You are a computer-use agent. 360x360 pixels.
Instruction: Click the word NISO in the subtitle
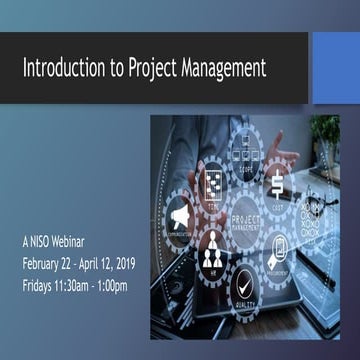[x=51, y=243]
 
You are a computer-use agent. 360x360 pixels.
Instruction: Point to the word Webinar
[x=87, y=243]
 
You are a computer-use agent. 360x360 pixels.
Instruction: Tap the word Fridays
[x=42, y=284]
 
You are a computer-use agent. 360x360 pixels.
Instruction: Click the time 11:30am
[x=90, y=284]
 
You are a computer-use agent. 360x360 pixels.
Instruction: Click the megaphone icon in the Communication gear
[x=179, y=215]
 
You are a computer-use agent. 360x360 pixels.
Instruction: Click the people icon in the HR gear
[x=212, y=246]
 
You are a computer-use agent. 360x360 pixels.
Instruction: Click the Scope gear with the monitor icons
[x=245, y=156]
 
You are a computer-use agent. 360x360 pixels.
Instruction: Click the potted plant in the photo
[x=325, y=135]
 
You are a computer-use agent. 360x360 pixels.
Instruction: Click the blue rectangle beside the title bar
[x=335, y=68]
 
